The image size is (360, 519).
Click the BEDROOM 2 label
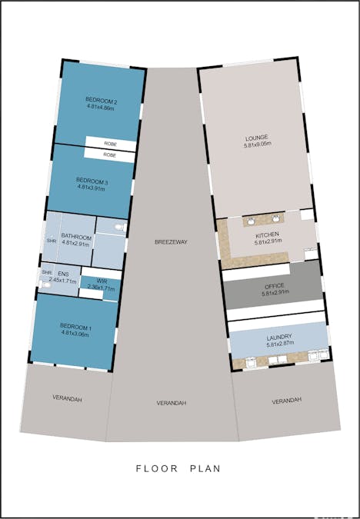point(100,101)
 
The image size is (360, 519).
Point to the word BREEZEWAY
point(171,241)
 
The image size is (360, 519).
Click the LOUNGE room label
point(257,138)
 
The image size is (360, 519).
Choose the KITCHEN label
point(268,235)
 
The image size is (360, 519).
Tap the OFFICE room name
point(274,286)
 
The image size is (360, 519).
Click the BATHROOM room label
point(77,237)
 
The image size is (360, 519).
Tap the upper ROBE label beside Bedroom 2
point(110,143)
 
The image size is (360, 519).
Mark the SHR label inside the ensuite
point(47,272)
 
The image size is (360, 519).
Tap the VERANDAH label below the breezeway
point(172,403)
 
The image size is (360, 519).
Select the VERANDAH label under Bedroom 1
point(67,399)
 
